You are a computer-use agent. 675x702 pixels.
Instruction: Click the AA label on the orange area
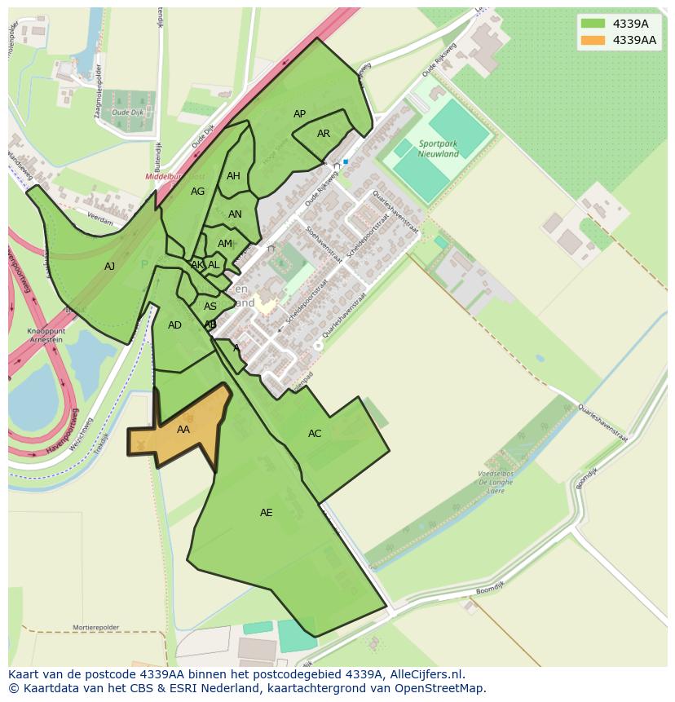183,430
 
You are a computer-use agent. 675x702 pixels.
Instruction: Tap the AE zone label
266,513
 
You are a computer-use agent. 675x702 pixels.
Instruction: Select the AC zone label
315,434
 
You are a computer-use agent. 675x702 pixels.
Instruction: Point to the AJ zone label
110,267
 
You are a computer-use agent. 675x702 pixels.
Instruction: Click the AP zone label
299,114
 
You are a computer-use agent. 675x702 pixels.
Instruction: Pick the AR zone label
324,134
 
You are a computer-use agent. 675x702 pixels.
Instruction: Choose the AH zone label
233,176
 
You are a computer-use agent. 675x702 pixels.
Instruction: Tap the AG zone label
197,192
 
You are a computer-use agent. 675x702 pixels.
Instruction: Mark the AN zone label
235,215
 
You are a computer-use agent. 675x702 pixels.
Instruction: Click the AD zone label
174,325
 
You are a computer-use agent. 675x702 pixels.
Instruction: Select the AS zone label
210,307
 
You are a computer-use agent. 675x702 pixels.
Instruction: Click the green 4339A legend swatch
593,24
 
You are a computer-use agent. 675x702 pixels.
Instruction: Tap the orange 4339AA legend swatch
593,40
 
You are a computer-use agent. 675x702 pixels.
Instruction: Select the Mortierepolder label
95,628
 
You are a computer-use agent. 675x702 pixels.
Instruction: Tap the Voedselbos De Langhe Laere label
496,483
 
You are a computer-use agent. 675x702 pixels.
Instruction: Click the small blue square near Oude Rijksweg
346,162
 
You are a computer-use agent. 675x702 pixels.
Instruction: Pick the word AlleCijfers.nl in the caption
424,674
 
